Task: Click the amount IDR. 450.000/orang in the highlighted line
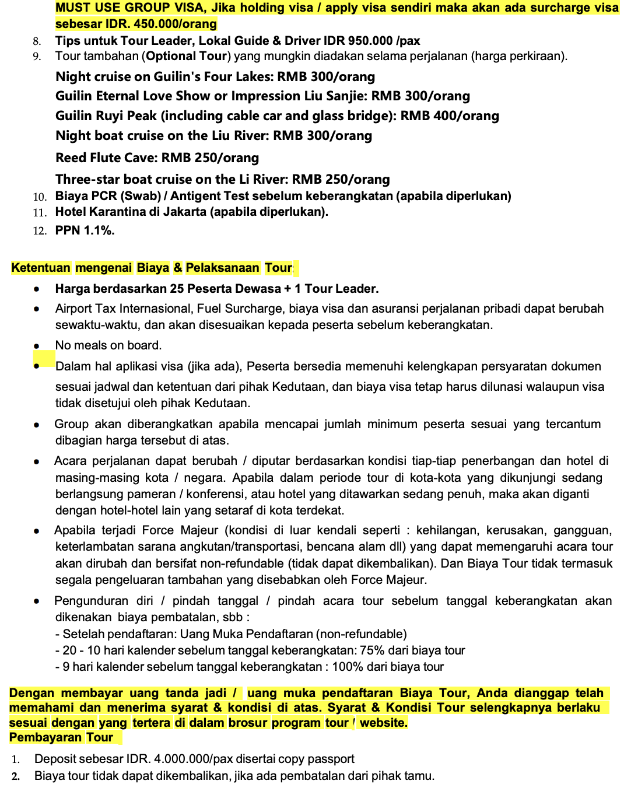157,24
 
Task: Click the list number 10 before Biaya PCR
40,197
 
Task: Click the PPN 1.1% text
85,230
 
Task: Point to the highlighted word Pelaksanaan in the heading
222,268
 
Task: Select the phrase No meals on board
108,345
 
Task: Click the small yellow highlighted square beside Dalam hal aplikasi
44,358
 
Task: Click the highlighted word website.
383,723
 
